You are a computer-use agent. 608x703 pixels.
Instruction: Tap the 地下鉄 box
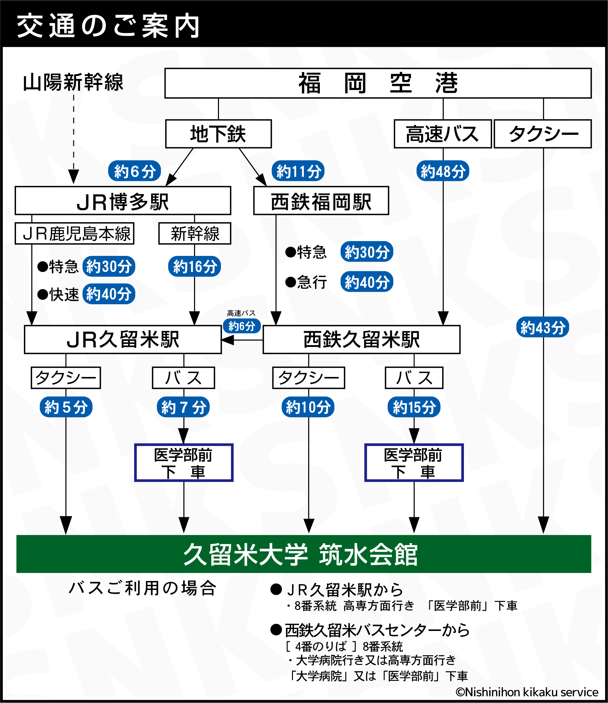point(218,134)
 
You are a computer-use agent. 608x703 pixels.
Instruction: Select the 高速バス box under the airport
point(442,134)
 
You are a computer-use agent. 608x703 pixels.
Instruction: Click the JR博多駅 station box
point(123,200)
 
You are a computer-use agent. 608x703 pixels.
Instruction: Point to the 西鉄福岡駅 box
point(321,200)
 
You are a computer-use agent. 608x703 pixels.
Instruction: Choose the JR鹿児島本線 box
point(75,233)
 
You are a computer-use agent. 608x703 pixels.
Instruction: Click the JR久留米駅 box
point(123,339)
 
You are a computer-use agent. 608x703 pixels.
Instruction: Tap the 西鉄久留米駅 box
point(361,339)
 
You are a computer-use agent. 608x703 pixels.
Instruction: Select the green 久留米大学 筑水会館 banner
point(303,554)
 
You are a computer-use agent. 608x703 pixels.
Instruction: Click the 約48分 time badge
point(443,171)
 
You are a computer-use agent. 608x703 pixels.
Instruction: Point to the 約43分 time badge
point(542,328)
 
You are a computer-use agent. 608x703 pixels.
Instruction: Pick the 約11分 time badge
point(298,171)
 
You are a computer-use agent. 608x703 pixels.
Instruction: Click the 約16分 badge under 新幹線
point(194,266)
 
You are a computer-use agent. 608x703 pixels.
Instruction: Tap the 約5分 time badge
point(66,407)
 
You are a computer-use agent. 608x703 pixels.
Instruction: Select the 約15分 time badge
point(414,407)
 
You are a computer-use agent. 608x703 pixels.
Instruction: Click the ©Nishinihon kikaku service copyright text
point(527,692)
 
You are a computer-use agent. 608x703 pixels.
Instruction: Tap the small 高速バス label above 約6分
point(241,313)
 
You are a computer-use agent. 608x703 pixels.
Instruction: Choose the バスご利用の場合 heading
point(142,588)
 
